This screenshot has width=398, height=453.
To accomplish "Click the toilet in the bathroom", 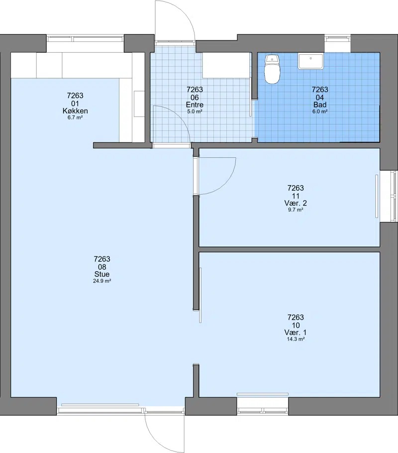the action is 272,69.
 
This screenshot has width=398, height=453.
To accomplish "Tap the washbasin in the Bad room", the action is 310,61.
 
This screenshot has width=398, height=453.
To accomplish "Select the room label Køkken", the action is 75,111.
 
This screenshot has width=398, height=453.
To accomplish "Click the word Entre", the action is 195,105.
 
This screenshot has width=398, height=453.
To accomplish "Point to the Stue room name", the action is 102,274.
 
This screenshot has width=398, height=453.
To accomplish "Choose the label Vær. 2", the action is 296,203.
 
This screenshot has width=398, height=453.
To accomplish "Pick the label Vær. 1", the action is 296,332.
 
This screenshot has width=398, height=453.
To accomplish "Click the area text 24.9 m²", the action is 102,281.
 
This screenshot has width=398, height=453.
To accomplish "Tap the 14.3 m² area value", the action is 296,339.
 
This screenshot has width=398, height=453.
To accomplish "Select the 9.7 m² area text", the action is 296,210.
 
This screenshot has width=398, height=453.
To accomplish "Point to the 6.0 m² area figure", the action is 320,112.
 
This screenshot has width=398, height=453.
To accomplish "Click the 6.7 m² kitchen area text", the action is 75,117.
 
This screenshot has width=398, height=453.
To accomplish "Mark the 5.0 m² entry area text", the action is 195,112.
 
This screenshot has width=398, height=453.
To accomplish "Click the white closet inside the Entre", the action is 226,65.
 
